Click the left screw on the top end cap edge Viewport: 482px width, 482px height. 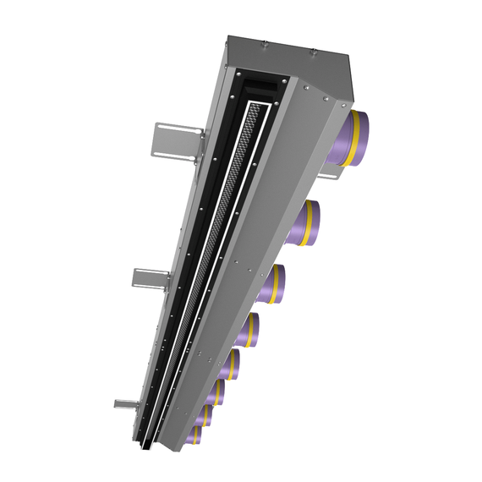265,43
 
